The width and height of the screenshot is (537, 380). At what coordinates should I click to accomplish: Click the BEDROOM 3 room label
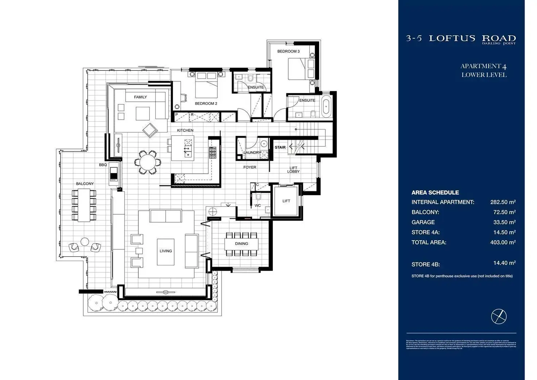pyautogui.click(x=288, y=51)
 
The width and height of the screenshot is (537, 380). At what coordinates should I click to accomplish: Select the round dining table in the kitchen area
pyautogui.click(x=147, y=162)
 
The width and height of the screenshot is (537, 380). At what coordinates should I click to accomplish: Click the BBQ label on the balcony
pyautogui.click(x=103, y=165)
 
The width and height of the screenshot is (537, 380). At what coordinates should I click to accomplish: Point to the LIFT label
pyautogui.click(x=286, y=201)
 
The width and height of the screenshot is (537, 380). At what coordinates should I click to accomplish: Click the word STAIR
pyautogui.click(x=280, y=147)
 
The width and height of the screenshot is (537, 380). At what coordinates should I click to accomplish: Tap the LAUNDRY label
pyautogui.click(x=252, y=153)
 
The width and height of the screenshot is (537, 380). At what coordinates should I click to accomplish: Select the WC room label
pyautogui.click(x=258, y=206)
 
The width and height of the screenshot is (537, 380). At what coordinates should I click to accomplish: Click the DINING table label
pyautogui.click(x=242, y=243)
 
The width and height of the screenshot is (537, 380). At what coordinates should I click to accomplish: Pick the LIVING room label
pyautogui.click(x=166, y=251)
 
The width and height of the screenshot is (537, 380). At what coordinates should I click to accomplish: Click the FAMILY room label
pyautogui.click(x=140, y=97)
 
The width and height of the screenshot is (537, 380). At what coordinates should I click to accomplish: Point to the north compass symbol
pyautogui.click(x=499, y=316)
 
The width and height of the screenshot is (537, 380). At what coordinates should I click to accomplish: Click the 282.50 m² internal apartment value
pyautogui.click(x=503, y=202)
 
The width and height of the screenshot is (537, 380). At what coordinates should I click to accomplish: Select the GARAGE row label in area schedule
pyautogui.click(x=423, y=222)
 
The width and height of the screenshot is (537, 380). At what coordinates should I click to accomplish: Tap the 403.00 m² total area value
pyautogui.click(x=503, y=242)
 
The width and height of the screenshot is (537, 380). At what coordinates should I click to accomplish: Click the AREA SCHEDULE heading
pyautogui.click(x=435, y=192)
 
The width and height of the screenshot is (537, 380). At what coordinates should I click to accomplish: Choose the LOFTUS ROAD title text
pyautogui.click(x=472, y=38)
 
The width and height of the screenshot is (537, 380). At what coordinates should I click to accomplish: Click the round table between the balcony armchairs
pyautogui.click(x=85, y=242)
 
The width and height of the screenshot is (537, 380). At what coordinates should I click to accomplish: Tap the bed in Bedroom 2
pyautogui.click(x=206, y=86)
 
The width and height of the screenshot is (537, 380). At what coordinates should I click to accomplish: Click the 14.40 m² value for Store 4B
pyautogui.click(x=504, y=263)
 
